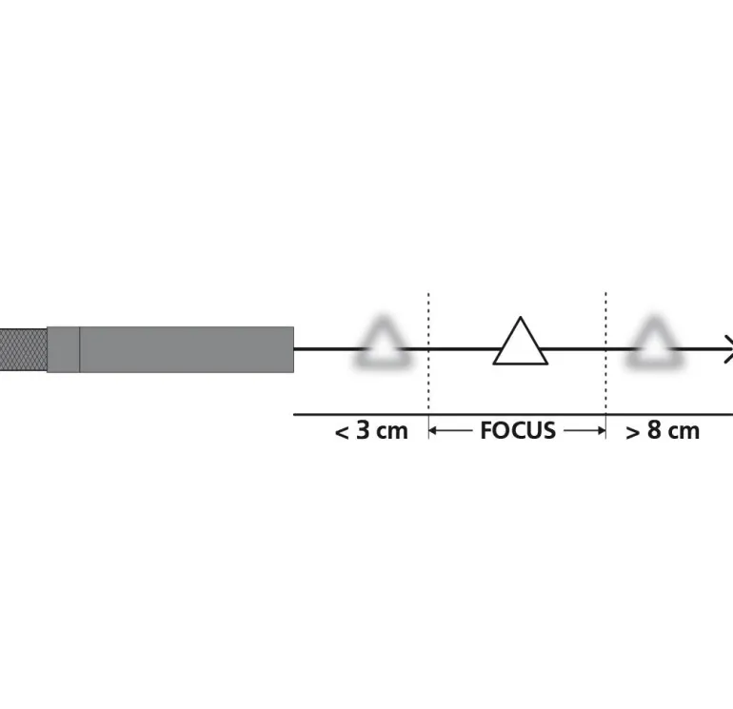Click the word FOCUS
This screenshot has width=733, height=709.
tap(518, 430)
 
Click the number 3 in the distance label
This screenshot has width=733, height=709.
tap(363, 429)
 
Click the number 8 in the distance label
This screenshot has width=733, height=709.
tap(654, 429)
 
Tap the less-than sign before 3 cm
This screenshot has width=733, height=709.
tap(342, 433)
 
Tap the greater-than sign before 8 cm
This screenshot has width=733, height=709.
tap(632, 433)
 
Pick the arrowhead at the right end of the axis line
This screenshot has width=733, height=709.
tap(728, 348)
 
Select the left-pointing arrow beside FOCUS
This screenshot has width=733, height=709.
tap(450, 430)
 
